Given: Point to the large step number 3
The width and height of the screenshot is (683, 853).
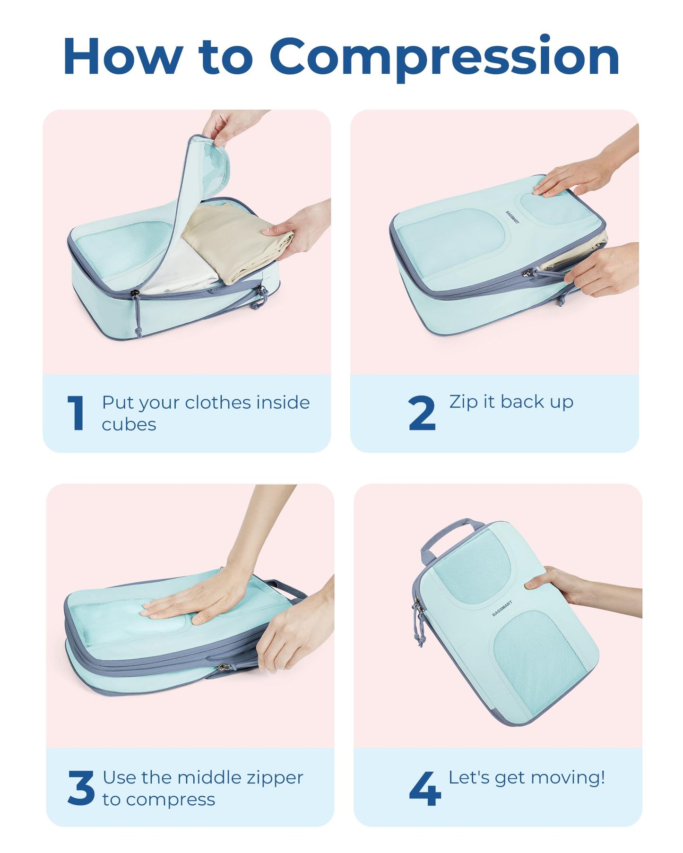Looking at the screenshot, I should click(81, 788).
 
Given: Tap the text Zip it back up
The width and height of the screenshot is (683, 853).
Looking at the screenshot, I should click(511, 402).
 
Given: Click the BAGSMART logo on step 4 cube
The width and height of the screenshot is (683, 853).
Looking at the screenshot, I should click(501, 609).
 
